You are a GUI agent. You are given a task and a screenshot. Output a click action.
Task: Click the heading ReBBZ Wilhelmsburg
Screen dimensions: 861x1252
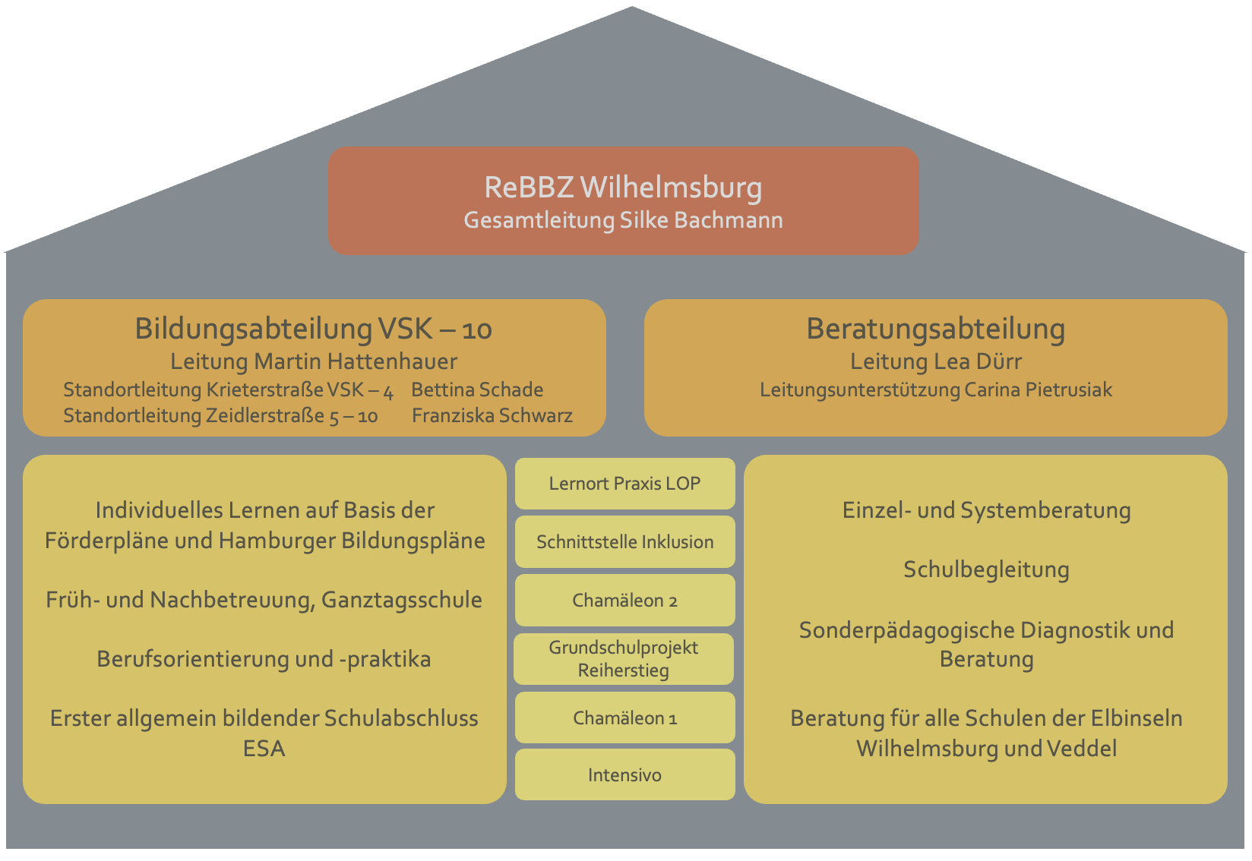click(623, 188)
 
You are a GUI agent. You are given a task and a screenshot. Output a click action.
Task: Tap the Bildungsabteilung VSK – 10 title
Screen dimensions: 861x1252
click(313, 329)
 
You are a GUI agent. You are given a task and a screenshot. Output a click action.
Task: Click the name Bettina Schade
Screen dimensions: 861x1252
click(477, 390)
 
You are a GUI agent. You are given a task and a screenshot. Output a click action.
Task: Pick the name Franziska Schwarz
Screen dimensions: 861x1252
click(492, 416)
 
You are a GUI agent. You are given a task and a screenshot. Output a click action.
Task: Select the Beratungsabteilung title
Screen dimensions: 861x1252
click(935, 329)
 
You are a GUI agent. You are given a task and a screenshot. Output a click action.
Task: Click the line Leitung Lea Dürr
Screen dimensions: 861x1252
click(935, 361)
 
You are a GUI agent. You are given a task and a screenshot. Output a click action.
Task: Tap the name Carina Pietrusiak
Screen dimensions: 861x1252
click(1038, 390)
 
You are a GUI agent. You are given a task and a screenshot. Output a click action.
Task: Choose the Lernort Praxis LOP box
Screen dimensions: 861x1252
click(624, 484)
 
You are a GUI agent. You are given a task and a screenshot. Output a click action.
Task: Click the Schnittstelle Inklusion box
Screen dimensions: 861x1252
click(624, 542)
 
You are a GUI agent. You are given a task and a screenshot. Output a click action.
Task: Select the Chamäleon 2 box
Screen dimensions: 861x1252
click(624, 601)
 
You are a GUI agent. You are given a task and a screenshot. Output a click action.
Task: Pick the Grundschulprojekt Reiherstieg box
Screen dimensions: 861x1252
click(624, 659)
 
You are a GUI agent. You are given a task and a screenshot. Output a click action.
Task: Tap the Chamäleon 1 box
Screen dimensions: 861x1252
click(624, 718)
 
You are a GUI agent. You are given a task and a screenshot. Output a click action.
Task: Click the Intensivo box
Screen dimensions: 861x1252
click(624, 775)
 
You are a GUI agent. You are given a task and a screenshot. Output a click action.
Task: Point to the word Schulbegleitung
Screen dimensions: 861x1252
click(986, 569)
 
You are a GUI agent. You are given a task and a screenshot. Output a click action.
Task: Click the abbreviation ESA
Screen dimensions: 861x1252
click(264, 749)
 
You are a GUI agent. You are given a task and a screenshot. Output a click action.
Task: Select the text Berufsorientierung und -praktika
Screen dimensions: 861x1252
click(264, 659)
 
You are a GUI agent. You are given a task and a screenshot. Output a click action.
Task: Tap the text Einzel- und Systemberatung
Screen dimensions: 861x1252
click(986, 510)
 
